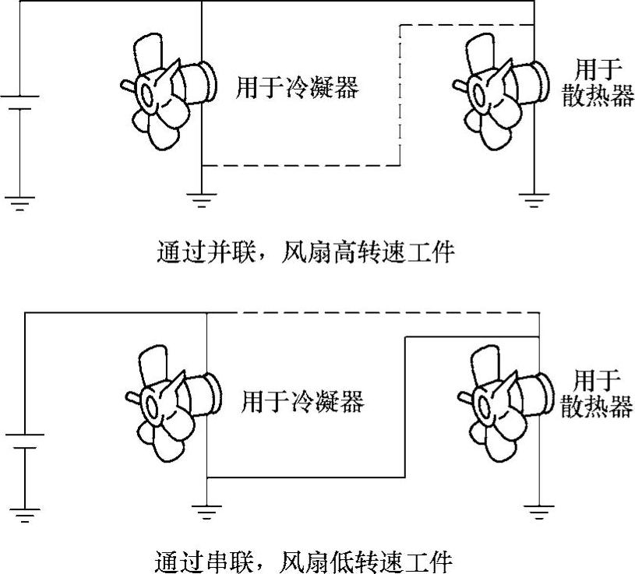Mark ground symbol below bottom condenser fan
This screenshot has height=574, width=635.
[x=206, y=512]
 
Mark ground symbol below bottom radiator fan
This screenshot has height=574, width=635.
[x=538, y=512]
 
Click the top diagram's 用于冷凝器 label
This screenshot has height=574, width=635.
[x=297, y=87]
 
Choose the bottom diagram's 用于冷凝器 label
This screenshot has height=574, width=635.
[x=302, y=401]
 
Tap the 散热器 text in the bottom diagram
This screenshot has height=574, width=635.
[x=597, y=406]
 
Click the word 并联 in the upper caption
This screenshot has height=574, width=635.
[x=231, y=253]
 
